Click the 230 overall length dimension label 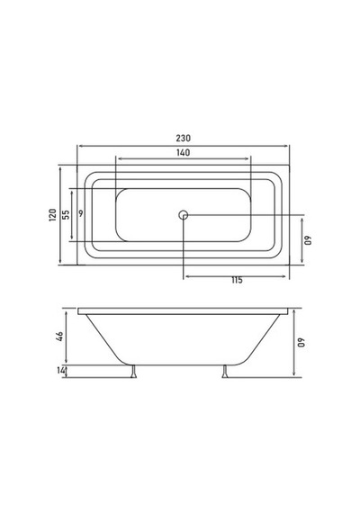(x=183, y=138)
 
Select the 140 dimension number (x=183, y=152)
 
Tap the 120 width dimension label (x=53, y=215)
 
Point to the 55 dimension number (x=66, y=214)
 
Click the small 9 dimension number (x=81, y=213)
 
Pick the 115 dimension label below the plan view (x=237, y=280)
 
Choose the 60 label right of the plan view (x=309, y=240)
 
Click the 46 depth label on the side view (x=59, y=337)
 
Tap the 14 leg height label (x=61, y=371)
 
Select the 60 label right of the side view (x=301, y=343)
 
